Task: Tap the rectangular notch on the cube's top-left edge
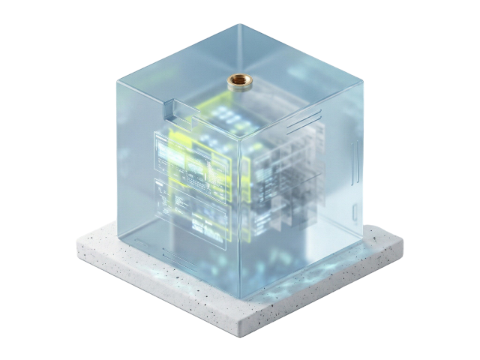172,110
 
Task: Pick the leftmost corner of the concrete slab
77,241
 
